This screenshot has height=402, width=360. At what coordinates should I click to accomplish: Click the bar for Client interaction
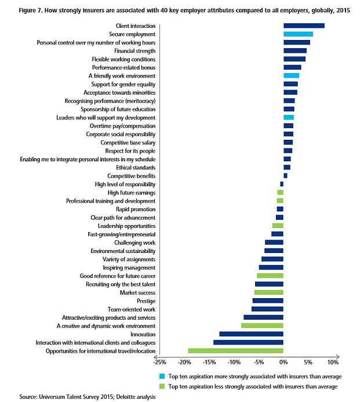pos(304,26)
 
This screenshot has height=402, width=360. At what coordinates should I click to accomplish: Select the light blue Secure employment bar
pos(298,34)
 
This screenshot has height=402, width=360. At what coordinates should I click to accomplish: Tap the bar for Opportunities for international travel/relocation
pos(235,350)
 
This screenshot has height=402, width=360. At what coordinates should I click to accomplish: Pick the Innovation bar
pos(251,334)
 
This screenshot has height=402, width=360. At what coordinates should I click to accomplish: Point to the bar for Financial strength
pos(294,50)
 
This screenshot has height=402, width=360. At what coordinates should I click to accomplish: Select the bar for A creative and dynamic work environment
pos(262,325)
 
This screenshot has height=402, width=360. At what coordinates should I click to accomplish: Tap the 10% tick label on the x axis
pos(332,363)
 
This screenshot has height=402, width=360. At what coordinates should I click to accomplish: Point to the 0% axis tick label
pos(283,363)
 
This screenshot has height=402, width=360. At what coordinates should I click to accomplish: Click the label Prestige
pos(146,300)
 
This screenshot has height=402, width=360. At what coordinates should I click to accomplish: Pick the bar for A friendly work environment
pos(291,75)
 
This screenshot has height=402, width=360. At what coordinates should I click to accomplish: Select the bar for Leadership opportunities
pos(278,226)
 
